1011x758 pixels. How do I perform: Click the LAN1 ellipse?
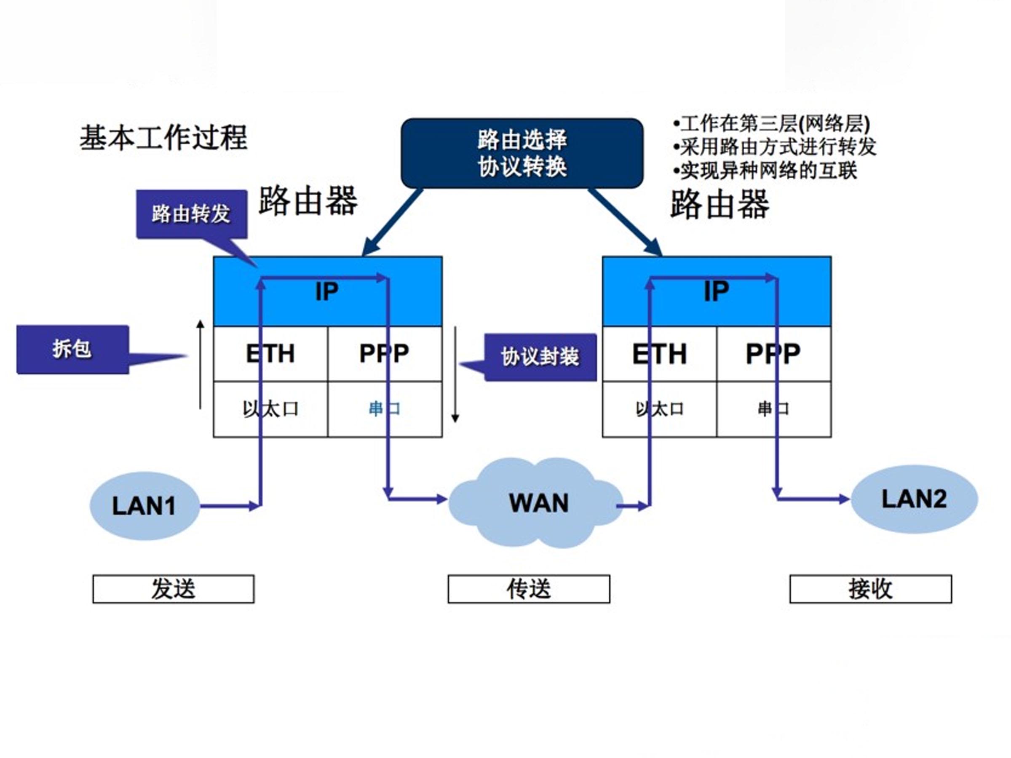[x=144, y=506]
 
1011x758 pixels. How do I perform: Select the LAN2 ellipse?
[x=914, y=499]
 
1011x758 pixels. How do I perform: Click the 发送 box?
[x=173, y=589]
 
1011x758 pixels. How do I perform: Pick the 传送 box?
[x=529, y=589]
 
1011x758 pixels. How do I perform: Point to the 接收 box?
[x=871, y=589]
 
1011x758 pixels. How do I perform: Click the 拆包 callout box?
[x=72, y=350]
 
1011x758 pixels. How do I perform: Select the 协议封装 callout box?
[x=540, y=357]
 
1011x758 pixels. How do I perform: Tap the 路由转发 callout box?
[x=192, y=214]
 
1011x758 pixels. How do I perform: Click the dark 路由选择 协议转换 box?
[x=522, y=153]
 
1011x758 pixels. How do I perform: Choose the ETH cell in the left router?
[x=270, y=354]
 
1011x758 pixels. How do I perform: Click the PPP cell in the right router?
[x=773, y=354]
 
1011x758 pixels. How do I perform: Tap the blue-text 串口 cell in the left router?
[x=385, y=409]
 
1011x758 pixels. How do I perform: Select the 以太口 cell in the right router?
[x=659, y=409]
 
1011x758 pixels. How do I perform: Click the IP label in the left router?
[x=327, y=291]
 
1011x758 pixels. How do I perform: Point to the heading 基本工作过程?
[x=163, y=138]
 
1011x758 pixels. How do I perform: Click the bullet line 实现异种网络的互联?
[x=766, y=171]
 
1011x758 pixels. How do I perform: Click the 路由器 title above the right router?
[x=720, y=204]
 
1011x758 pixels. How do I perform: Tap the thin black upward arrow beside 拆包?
[x=200, y=365]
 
